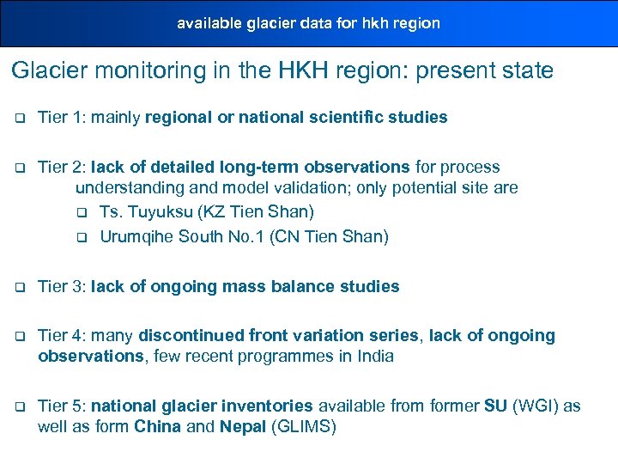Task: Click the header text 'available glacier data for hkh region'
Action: (308, 23)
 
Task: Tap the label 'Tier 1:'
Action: (64, 118)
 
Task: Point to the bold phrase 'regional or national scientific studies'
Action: (296, 118)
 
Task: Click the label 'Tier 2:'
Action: (64, 167)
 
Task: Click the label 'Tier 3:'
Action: (64, 286)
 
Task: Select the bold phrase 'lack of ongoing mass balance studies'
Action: (245, 286)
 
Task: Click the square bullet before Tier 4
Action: (18, 336)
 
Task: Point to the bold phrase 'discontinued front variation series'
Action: (279, 335)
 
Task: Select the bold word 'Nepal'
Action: (243, 426)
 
